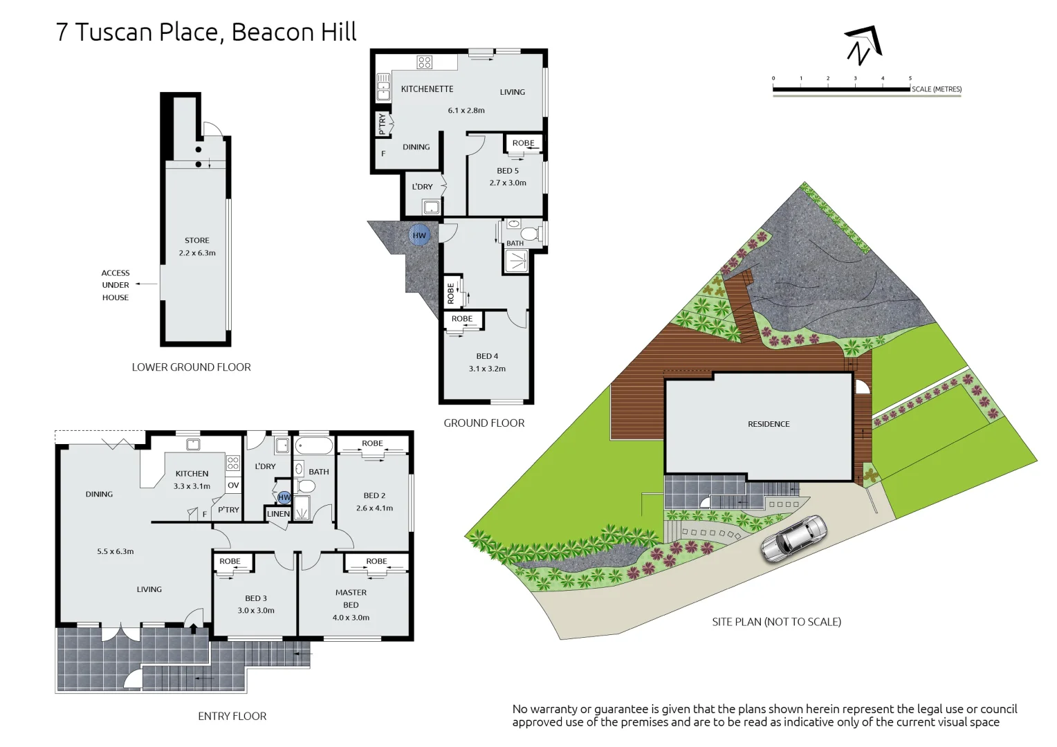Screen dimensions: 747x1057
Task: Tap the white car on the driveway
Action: tap(794, 538)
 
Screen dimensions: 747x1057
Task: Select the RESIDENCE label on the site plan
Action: tap(768, 424)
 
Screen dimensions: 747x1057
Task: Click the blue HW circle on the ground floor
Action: tap(419, 235)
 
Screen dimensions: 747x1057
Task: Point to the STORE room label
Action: tap(196, 241)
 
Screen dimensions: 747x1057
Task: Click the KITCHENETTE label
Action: tap(427, 89)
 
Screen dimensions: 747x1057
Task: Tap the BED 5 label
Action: tap(507, 171)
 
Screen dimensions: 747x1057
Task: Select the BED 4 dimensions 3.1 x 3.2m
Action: tap(487, 369)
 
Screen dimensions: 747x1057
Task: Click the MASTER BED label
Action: tap(351, 599)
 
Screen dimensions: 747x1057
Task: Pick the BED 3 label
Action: tap(255, 598)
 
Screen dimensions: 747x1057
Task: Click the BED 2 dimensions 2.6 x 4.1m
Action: tap(374, 508)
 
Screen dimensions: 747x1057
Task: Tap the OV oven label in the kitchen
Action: tap(233, 486)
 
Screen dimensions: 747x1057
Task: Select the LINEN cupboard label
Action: tap(278, 514)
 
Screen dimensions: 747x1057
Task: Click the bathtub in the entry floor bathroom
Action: tap(315, 445)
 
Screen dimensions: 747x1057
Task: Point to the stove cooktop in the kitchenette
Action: tap(424, 62)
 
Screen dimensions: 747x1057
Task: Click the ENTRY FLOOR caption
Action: tap(232, 717)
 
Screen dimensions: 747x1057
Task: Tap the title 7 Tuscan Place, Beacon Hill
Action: tap(206, 33)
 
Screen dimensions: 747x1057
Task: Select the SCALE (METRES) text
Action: tap(936, 89)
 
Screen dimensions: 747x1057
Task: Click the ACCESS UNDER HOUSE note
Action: tap(116, 285)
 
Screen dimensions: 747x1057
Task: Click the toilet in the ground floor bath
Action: tap(531, 234)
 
